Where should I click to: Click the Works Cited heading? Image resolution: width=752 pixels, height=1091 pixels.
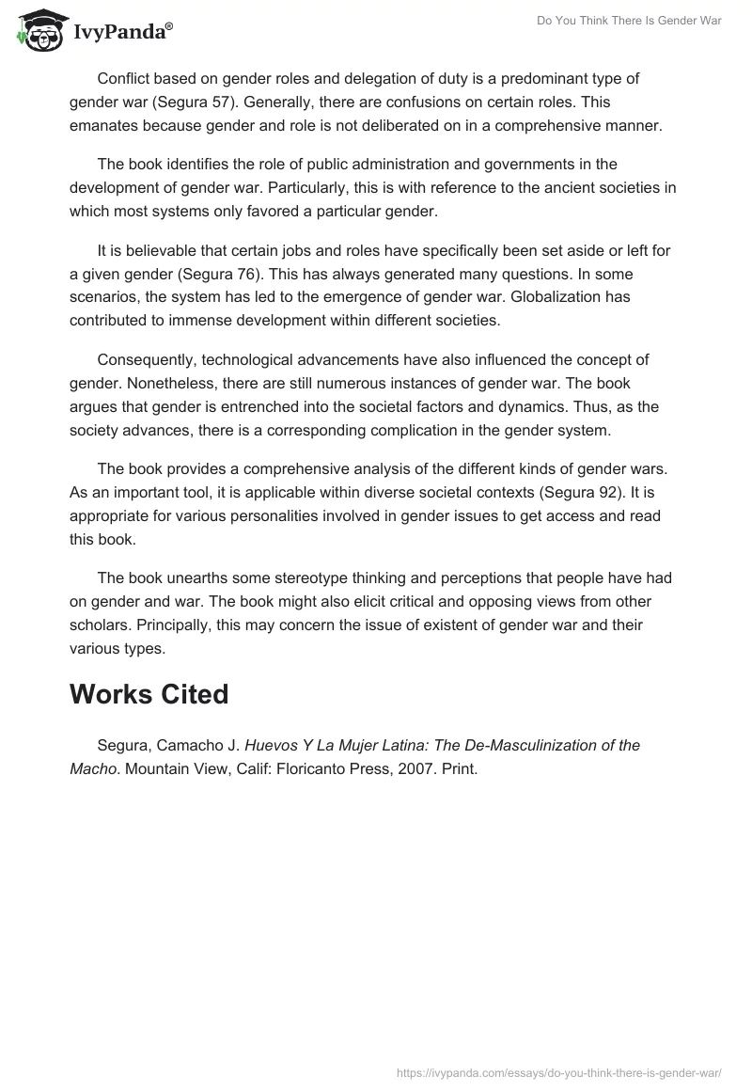[x=149, y=694]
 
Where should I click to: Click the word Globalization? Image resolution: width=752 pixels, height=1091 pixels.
[x=551, y=297]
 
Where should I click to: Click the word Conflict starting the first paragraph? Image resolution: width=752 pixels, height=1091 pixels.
[x=126, y=79]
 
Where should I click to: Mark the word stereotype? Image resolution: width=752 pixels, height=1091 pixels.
[x=308, y=577]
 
